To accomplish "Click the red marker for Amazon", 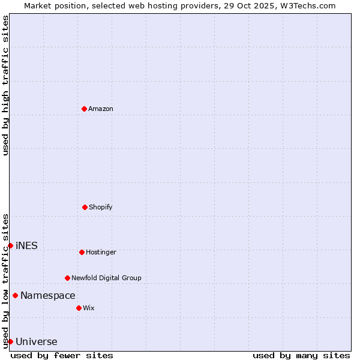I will [84, 109].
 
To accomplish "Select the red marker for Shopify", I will [85, 207].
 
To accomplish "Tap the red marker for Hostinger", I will [82, 252].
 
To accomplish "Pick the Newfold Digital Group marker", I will [67, 278].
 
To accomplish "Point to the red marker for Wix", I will [79, 308].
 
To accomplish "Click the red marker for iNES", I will [10, 245].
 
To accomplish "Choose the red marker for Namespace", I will [15, 295].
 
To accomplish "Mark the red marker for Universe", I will [10, 341].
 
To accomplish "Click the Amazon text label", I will [101, 109].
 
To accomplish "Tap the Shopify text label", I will [101, 207].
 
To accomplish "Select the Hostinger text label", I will [101, 252].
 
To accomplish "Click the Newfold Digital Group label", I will [106, 278].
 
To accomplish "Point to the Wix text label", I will [89, 308].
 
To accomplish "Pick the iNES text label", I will [26, 245].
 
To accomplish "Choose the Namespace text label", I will [48, 295].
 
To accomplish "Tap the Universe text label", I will [37, 342].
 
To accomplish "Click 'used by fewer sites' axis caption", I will [62, 355].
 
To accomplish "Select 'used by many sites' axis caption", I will [301, 355].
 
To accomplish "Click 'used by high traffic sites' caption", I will [5, 85].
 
